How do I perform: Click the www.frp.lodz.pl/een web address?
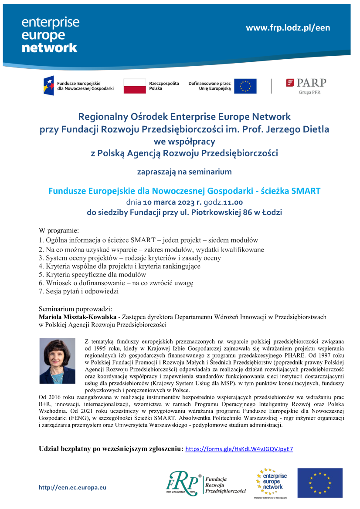click(288, 28)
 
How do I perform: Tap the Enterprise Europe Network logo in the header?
click(50, 35)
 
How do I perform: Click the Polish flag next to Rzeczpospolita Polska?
click(135, 86)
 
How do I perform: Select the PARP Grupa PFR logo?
click(306, 85)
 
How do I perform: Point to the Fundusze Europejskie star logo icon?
click(49, 85)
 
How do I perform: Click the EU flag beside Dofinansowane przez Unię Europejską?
click(245, 86)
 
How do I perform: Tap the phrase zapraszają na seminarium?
click(184, 172)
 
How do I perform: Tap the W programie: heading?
click(59, 230)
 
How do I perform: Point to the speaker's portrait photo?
click(57, 361)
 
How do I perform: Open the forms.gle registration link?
click(239, 449)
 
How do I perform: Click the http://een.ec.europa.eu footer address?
click(72, 488)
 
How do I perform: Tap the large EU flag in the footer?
click(320, 483)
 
